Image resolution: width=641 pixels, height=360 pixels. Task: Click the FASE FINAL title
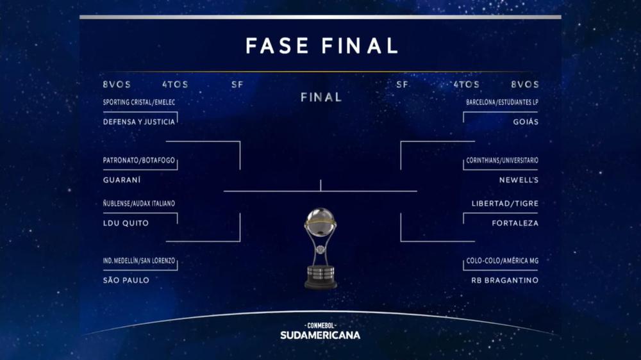[322, 45]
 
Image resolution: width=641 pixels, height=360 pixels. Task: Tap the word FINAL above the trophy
[320, 97]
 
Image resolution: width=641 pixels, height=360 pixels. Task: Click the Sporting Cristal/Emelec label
[139, 102]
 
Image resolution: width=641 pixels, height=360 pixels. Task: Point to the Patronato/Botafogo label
[138, 160]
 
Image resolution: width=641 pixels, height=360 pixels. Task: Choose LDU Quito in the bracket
[126, 223]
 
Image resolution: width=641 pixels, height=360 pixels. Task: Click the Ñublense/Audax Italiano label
[139, 203]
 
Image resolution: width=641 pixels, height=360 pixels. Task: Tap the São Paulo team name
[126, 280]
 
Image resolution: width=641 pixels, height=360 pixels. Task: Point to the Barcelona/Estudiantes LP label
[502, 102]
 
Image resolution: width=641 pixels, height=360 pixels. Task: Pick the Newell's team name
[519, 180]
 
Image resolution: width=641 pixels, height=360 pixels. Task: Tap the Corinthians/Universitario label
[501, 160]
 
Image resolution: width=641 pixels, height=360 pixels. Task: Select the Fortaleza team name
[515, 223]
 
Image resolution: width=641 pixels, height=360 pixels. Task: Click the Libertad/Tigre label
[504, 203]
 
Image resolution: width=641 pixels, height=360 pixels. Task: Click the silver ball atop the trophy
[320, 222]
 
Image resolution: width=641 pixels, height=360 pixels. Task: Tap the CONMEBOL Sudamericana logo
[320, 331]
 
